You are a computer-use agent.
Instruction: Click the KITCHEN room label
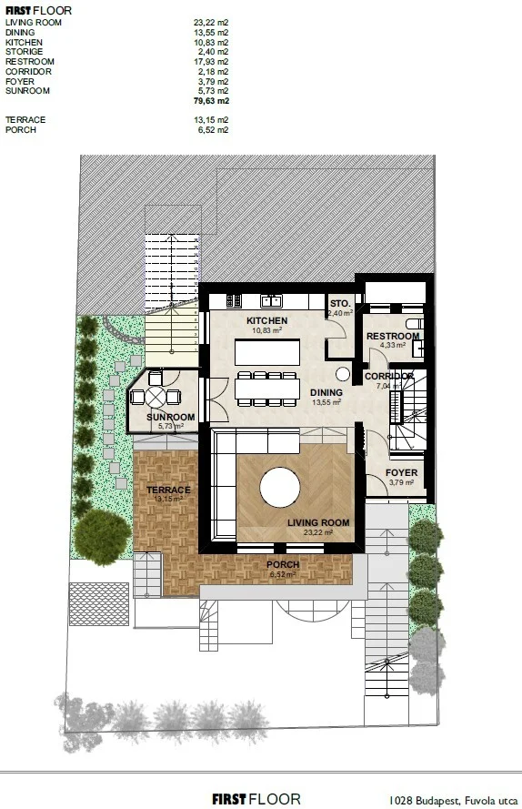coord(266,320)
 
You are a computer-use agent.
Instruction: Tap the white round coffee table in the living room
coord(280,488)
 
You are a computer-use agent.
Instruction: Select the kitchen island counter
coord(267,352)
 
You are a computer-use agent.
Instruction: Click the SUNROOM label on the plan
coord(171,417)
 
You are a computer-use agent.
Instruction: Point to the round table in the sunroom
coord(156,397)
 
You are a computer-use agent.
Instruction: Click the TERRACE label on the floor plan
coord(168,490)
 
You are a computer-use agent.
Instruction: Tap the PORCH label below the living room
coord(283,564)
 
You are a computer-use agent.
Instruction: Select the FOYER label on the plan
coord(402,472)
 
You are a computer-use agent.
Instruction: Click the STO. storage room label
coord(340,303)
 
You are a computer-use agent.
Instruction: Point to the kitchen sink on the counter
coord(271,300)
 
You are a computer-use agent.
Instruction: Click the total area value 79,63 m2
coord(212,101)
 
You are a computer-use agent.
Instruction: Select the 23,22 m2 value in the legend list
coord(211,23)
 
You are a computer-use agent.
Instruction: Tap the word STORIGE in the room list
coord(25,52)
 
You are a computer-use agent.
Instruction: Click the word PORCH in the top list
coord(21,130)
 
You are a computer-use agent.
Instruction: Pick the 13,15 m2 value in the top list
coord(211,120)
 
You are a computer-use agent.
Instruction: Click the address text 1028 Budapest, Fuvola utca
coord(453,800)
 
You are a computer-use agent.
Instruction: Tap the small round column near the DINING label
coord(343,374)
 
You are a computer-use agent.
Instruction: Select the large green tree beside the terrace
coord(102,537)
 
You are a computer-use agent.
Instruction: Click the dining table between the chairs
coord(267,389)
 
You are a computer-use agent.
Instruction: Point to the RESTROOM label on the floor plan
coord(393,337)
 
